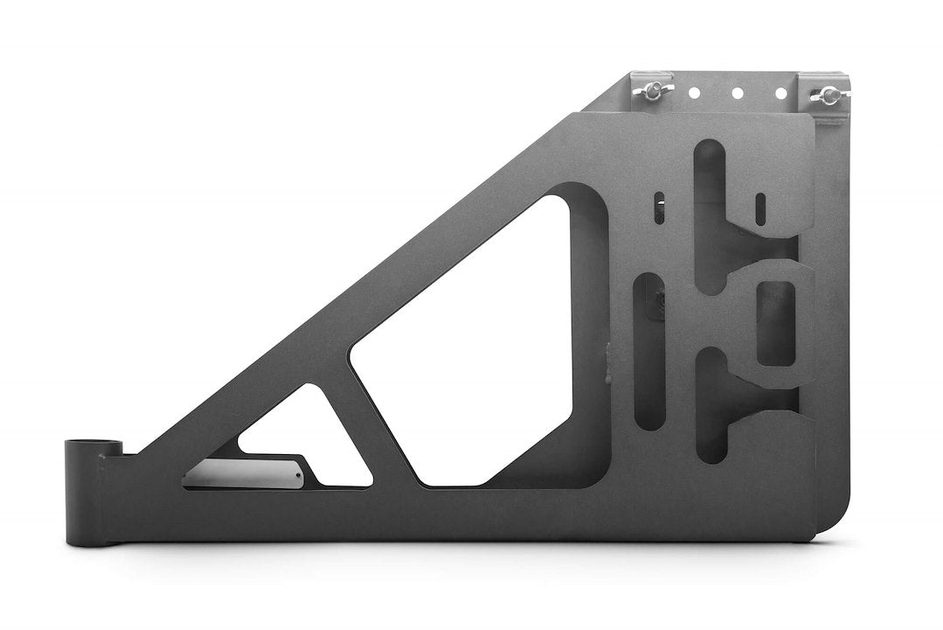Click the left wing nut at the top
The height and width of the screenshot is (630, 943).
click(651, 88)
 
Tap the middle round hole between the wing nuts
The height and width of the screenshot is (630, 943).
click(736, 92)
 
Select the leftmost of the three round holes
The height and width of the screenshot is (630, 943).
click(694, 91)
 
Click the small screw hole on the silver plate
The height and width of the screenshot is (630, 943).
click(297, 475)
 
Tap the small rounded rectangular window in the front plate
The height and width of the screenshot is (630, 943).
click(774, 321)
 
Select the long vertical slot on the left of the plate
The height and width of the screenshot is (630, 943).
click(649, 350)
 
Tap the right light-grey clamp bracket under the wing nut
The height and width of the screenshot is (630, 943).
click(827, 107)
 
